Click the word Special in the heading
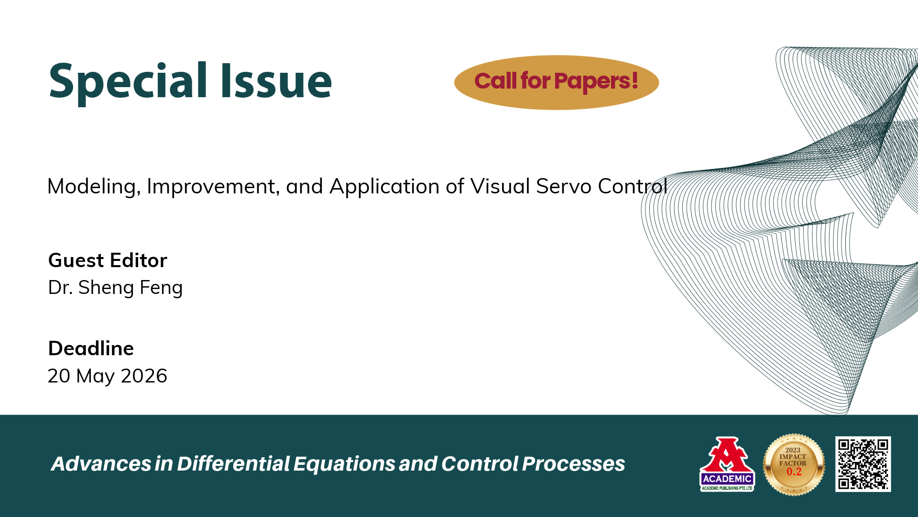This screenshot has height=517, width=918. [x=128, y=81]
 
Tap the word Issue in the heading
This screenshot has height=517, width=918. [x=276, y=80]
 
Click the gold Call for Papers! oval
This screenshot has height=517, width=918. [x=557, y=82]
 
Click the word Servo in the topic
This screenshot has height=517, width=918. [x=564, y=186]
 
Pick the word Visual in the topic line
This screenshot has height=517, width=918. [x=500, y=186]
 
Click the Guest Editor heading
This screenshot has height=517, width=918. [x=108, y=260]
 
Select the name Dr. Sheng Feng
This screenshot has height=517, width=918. [x=115, y=288]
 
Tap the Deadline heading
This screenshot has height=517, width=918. [x=91, y=348]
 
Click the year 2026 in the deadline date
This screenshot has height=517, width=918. [x=144, y=376]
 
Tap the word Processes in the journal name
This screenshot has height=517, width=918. [x=573, y=463]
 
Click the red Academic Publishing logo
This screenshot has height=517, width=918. [x=727, y=464]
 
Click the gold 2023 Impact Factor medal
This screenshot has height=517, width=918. [x=794, y=464]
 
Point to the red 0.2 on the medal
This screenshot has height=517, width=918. [x=794, y=472]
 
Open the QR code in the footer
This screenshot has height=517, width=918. [x=863, y=464]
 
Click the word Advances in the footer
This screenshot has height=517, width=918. [x=101, y=463]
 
